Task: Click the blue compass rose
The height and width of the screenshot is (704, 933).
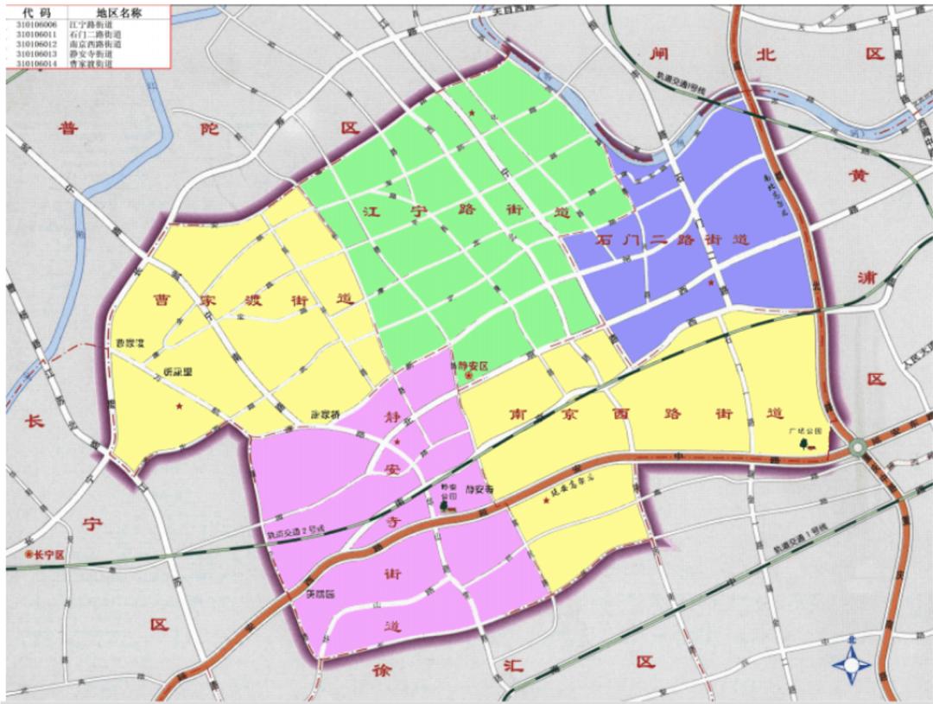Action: [x=854, y=664]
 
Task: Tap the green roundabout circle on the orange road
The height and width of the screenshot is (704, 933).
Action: [x=858, y=447]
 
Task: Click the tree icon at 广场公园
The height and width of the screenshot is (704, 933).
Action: [x=804, y=443]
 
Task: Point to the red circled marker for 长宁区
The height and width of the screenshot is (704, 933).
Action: [x=29, y=554]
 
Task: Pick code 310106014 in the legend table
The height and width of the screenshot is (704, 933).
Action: [x=35, y=63]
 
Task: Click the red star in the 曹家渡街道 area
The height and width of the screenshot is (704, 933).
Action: [x=179, y=406]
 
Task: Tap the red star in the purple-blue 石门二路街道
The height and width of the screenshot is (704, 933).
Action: [x=710, y=282]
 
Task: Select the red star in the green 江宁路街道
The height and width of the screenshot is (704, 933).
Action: [x=472, y=113]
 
